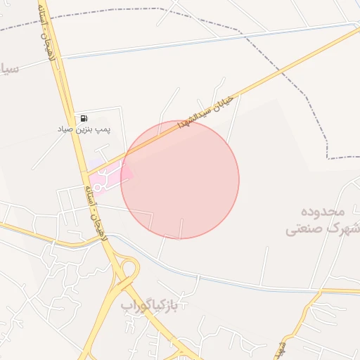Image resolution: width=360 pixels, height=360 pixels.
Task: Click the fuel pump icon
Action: pos(84,118)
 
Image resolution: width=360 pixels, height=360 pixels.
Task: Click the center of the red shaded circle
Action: pos(180,180)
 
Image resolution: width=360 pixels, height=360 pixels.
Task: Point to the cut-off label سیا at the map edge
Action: pos(8,70)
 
